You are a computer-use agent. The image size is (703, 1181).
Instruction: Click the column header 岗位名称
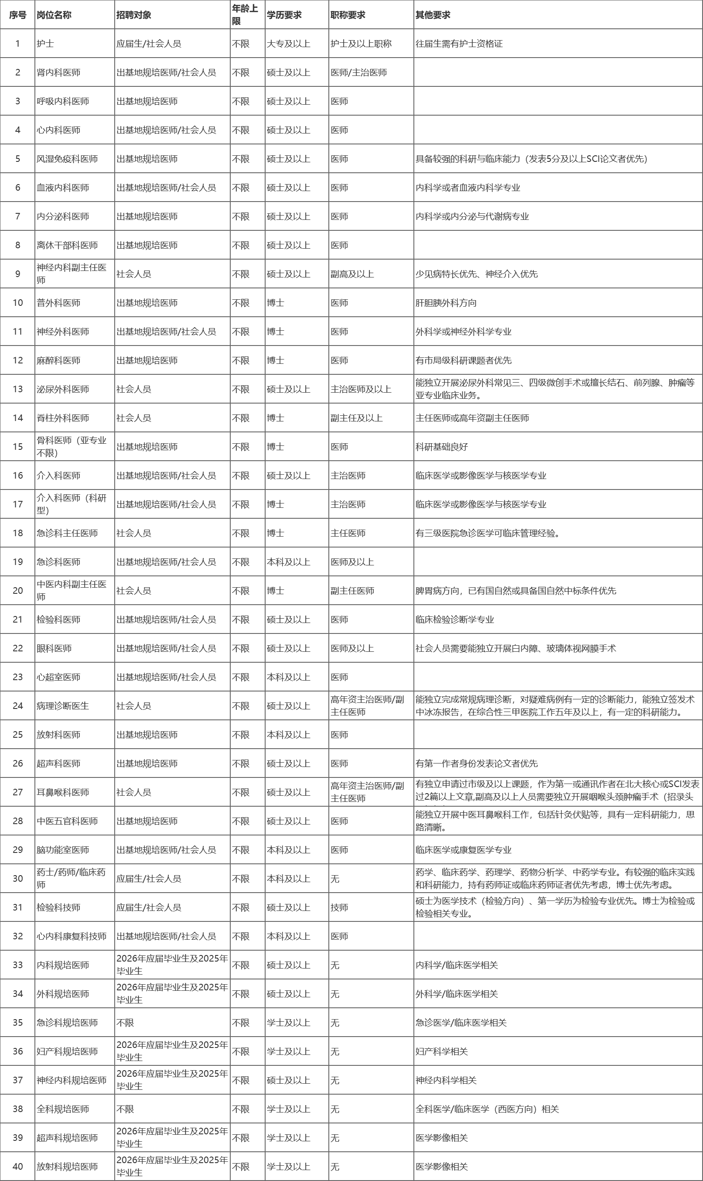point(54,15)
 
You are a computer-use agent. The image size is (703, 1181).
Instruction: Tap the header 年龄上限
point(245,15)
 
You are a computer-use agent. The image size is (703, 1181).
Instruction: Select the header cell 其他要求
point(433,15)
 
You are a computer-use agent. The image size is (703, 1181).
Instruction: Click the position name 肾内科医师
point(59,72)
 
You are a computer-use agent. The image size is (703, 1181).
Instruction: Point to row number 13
point(17,389)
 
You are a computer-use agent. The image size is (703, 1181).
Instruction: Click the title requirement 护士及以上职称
point(361,44)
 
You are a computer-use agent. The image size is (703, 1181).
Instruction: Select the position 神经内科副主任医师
point(72,274)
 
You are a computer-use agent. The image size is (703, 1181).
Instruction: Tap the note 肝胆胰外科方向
point(446,303)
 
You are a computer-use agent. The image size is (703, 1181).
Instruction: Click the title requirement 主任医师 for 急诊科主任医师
point(348,533)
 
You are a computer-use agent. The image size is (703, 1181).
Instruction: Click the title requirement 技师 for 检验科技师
point(339,907)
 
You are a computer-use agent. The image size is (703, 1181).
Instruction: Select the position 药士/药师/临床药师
point(71,878)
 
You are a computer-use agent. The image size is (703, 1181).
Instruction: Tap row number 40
point(17,1166)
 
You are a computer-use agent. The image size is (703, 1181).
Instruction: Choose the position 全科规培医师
point(63,1109)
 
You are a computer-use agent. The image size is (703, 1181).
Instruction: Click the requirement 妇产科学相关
point(441,1051)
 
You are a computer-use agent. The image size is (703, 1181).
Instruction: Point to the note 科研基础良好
point(441,446)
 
